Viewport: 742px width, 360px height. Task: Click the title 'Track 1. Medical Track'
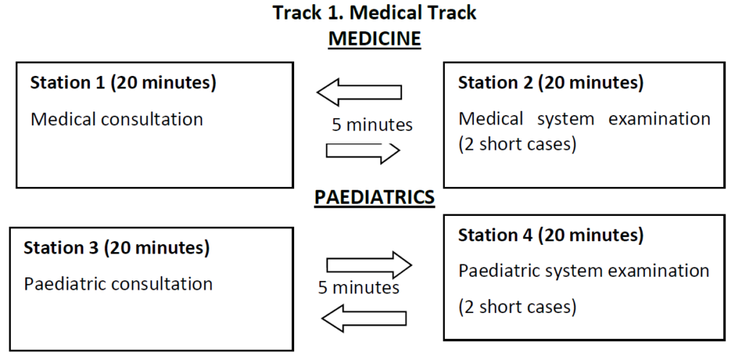(375, 13)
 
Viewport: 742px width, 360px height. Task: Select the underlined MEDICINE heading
(375, 38)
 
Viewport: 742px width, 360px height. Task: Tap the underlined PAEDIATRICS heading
(375, 197)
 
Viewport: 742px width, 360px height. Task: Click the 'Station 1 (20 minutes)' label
(123, 83)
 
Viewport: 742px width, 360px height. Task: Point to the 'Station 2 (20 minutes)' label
(551, 83)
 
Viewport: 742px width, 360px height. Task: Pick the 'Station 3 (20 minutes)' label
(117, 248)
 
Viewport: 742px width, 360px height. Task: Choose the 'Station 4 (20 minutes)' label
(551, 235)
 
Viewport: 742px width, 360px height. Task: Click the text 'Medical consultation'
(117, 119)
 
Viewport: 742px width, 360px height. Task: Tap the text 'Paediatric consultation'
(118, 284)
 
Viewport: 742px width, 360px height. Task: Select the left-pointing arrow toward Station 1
(359, 92)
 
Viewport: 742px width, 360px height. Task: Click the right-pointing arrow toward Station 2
(363, 151)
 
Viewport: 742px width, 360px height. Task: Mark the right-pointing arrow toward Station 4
(369, 265)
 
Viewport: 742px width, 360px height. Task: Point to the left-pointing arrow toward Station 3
(364, 318)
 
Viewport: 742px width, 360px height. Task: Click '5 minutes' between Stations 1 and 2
(372, 125)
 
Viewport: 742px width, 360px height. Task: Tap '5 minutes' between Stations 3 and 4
(359, 288)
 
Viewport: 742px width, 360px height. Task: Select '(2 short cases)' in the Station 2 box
(517, 145)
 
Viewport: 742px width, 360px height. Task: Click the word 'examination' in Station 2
(659, 118)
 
